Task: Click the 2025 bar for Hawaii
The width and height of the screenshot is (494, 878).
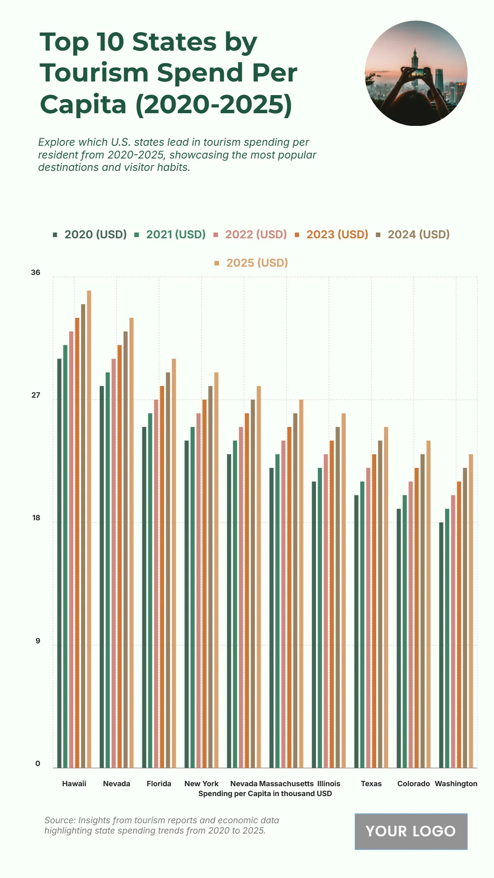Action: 89,529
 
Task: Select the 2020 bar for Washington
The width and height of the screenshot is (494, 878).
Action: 441,645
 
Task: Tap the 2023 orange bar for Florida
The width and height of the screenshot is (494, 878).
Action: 162,577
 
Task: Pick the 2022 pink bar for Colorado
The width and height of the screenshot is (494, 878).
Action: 410,624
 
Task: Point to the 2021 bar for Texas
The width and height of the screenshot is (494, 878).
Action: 362,624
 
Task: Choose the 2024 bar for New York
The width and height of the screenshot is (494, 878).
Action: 210,577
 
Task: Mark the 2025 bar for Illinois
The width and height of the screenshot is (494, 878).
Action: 344,590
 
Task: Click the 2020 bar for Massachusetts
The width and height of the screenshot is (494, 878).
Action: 272,617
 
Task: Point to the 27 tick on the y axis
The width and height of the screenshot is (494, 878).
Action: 36,396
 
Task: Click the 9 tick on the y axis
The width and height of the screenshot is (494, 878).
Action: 38,641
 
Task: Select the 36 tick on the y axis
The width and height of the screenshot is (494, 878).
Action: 36,272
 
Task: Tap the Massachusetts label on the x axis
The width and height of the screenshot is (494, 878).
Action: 287,784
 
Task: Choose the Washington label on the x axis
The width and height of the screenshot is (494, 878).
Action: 456,784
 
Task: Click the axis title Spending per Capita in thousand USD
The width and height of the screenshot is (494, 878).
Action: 265,794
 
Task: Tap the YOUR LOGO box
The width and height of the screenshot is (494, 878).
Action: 411,831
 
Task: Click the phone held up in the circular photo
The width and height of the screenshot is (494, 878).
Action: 418,73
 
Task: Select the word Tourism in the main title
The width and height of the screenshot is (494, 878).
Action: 94,73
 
